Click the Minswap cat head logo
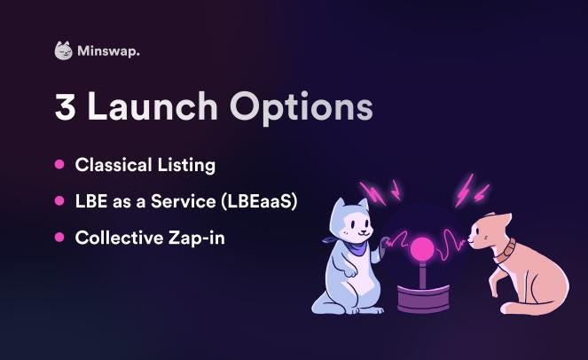63,51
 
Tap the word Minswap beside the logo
108,51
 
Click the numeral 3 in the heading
65,106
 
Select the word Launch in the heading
152,106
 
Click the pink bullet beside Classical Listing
59,164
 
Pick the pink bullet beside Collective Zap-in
59,237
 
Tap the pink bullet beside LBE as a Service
59,200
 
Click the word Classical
114,165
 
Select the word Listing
186,166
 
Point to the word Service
184,201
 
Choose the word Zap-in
197,239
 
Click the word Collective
119,238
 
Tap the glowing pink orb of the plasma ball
422,248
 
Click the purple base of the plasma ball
423,299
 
